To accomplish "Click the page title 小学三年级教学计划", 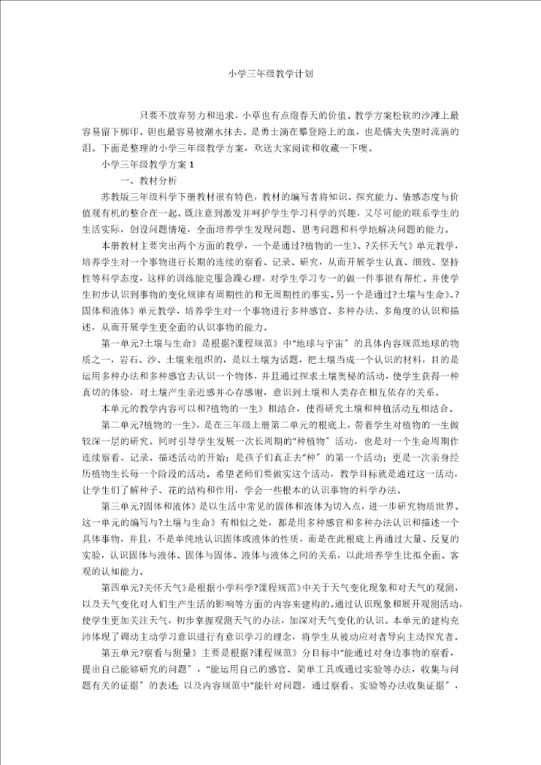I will coord(270,74).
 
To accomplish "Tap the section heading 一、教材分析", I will coord(149,180).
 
